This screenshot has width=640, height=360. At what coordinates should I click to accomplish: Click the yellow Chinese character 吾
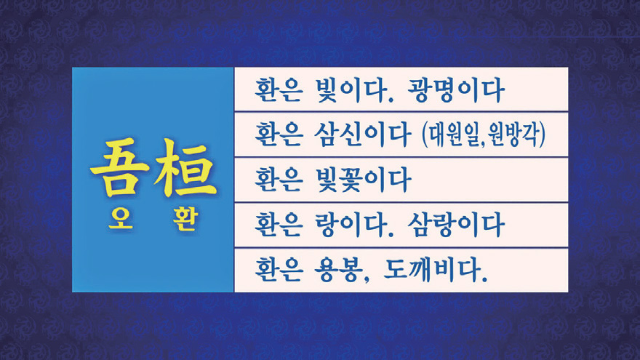pyautogui.click(x=119, y=167)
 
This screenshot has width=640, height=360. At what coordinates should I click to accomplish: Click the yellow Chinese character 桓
pyautogui.click(x=185, y=167)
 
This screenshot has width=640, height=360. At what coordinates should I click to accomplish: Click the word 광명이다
pyautogui.click(x=456, y=89)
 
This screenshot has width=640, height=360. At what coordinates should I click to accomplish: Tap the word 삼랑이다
pyautogui.click(x=456, y=225)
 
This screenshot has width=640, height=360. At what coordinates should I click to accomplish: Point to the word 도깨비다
pyautogui.click(x=435, y=270)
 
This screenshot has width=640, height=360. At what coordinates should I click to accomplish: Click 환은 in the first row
pyautogui.click(x=279, y=89)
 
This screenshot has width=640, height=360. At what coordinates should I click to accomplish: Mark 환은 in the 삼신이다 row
pyautogui.click(x=279, y=135)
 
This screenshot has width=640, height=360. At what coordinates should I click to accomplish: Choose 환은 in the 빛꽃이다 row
pyautogui.click(x=279, y=180)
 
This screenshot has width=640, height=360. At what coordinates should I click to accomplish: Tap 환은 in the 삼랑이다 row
pyautogui.click(x=279, y=225)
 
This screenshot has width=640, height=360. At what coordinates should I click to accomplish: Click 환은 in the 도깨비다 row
pyautogui.click(x=279, y=270)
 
